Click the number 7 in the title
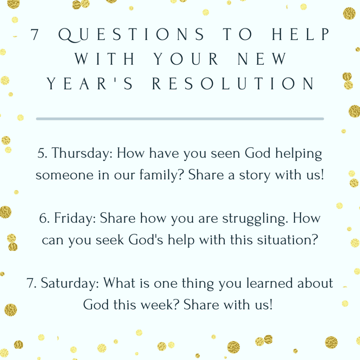pos(34,34)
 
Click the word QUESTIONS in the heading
pos(131,35)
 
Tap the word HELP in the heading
pos(301,34)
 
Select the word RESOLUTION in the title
pos(233,83)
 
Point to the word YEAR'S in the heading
pos(90,83)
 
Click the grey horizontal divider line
pos(180,119)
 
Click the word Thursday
pos(82,154)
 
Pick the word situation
pos(288,240)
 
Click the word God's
pos(146,240)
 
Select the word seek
pos(110,240)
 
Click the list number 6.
pos(44,218)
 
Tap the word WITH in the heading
pos(105,59)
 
